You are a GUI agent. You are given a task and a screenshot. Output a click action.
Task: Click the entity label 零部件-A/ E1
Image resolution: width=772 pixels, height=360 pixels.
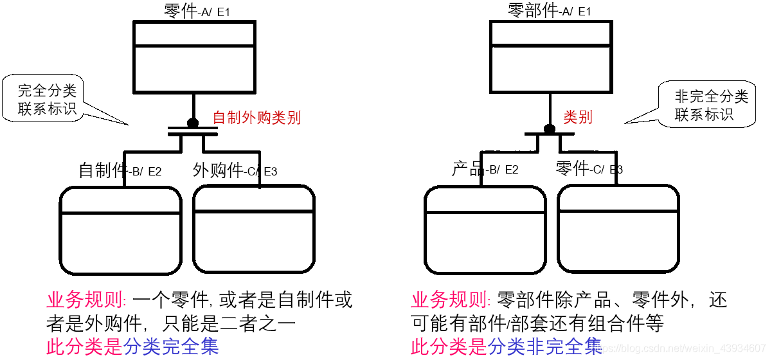pos(549,11)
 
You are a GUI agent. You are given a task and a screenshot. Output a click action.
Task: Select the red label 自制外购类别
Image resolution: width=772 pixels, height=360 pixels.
pos(256,118)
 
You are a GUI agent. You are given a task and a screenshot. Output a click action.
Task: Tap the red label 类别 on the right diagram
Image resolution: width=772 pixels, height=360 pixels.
pos(577,117)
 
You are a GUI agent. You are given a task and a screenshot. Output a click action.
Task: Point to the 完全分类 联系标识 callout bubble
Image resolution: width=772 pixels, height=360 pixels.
pos(48,100)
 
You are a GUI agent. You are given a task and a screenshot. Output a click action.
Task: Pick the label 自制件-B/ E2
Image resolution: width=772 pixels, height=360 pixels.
pos(120,170)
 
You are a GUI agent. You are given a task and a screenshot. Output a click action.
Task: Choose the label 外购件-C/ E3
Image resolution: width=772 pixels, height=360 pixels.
pos(235,170)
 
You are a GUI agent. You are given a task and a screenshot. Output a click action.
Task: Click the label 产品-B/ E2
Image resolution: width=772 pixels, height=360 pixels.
pos(485,170)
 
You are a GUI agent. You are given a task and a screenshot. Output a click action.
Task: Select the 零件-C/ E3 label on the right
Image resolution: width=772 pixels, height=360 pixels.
pos(589,169)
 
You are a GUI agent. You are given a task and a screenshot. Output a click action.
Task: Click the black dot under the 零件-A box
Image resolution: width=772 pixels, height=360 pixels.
pos(193,123)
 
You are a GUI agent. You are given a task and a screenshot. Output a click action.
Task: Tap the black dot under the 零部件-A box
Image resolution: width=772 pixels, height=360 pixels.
pos(549,129)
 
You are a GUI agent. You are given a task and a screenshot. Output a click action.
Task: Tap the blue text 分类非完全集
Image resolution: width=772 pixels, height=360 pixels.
pos(545,346)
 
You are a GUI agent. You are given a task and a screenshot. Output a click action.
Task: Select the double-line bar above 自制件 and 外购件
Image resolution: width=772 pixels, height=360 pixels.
pos(193,132)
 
